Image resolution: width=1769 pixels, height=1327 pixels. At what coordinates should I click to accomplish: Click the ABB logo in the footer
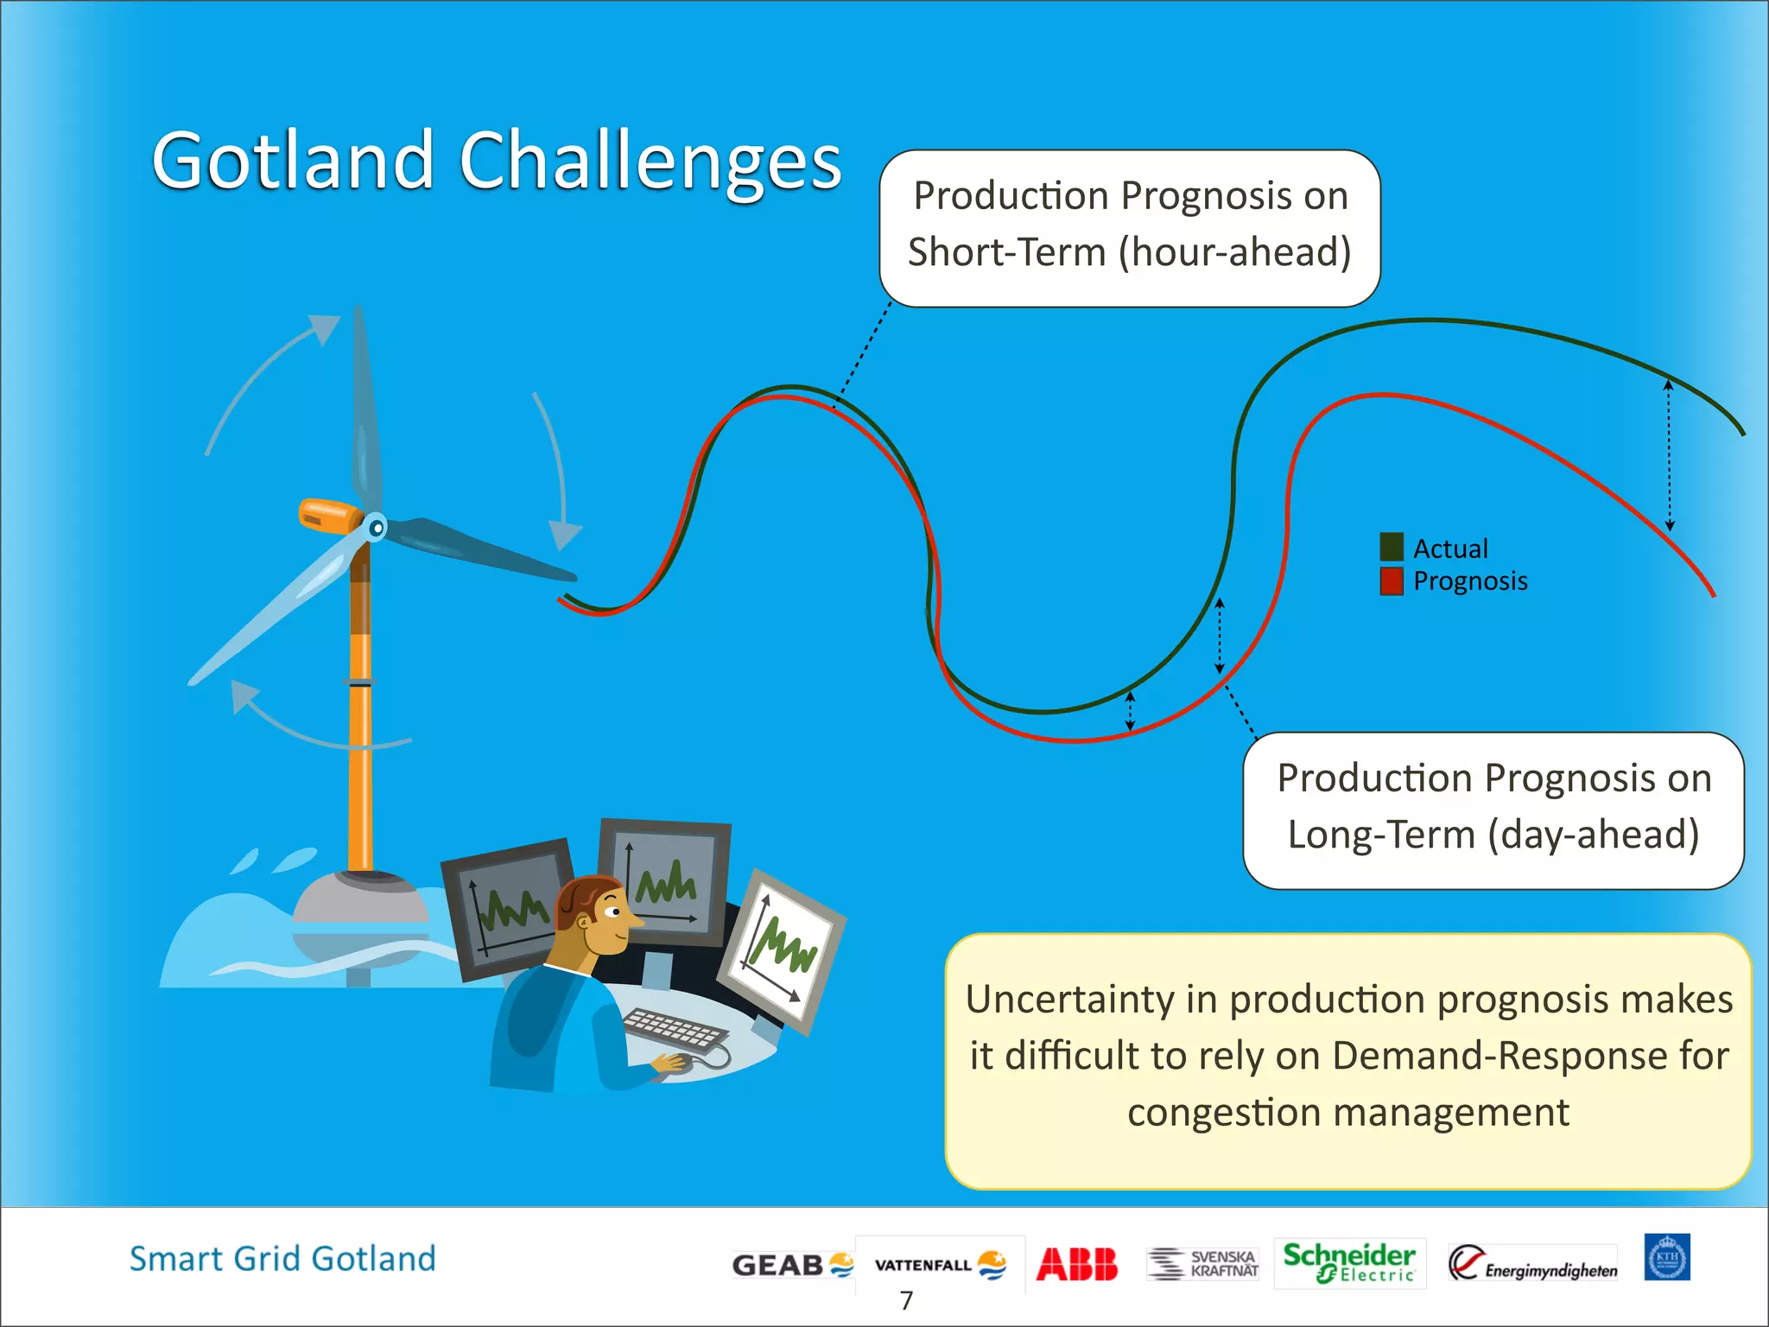[x=1076, y=1264]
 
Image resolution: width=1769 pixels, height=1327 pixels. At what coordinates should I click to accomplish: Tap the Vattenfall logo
[x=940, y=1265]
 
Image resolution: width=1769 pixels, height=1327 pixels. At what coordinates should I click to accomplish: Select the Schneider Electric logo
[x=1349, y=1263]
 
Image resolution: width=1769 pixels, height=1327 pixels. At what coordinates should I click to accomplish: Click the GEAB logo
[x=792, y=1265]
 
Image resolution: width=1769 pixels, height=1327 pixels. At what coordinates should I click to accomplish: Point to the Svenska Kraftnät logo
[x=1203, y=1263]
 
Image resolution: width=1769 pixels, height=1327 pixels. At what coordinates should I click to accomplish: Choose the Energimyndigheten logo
[x=1532, y=1265]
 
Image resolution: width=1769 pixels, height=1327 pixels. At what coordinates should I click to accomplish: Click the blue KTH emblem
[x=1666, y=1258]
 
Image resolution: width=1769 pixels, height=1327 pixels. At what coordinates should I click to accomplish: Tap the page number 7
[x=906, y=1300]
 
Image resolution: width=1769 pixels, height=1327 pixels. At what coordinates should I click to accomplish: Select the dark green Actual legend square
[x=1391, y=548]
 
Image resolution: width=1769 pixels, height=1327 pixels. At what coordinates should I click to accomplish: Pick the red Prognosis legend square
[x=1391, y=581]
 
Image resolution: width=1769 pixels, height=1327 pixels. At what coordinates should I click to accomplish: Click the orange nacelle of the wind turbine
[x=328, y=516]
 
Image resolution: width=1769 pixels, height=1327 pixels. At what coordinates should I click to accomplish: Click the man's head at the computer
[x=596, y=916]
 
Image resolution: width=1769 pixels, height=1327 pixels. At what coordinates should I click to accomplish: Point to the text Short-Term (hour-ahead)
[x=1129, y=252]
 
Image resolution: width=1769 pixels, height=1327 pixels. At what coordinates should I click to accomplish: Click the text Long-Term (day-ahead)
[x=1493, y=835]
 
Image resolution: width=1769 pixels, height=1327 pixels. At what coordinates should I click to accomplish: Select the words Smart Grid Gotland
[x=282, y=1259]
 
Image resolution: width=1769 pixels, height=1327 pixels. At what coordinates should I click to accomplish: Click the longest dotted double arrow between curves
[x=1669, y=455]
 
